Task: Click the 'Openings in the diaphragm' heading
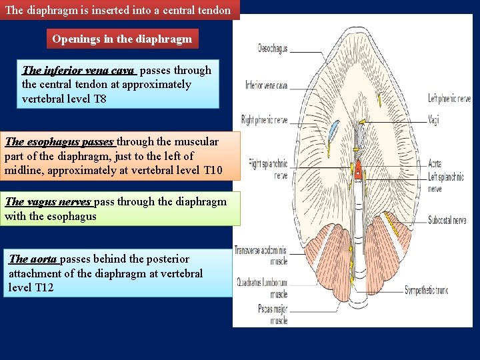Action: (122, 39)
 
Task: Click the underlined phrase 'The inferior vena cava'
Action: (79, 70)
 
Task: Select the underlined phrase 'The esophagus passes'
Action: (59, 141)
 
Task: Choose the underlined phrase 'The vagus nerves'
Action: (48, 201)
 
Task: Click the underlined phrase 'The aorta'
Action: (33, 259)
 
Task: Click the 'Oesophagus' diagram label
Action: (273, 48)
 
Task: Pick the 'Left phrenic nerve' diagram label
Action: (449, 99)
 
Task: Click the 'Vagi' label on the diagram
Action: (434, 121)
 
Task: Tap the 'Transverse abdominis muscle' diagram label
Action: (261, 255)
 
